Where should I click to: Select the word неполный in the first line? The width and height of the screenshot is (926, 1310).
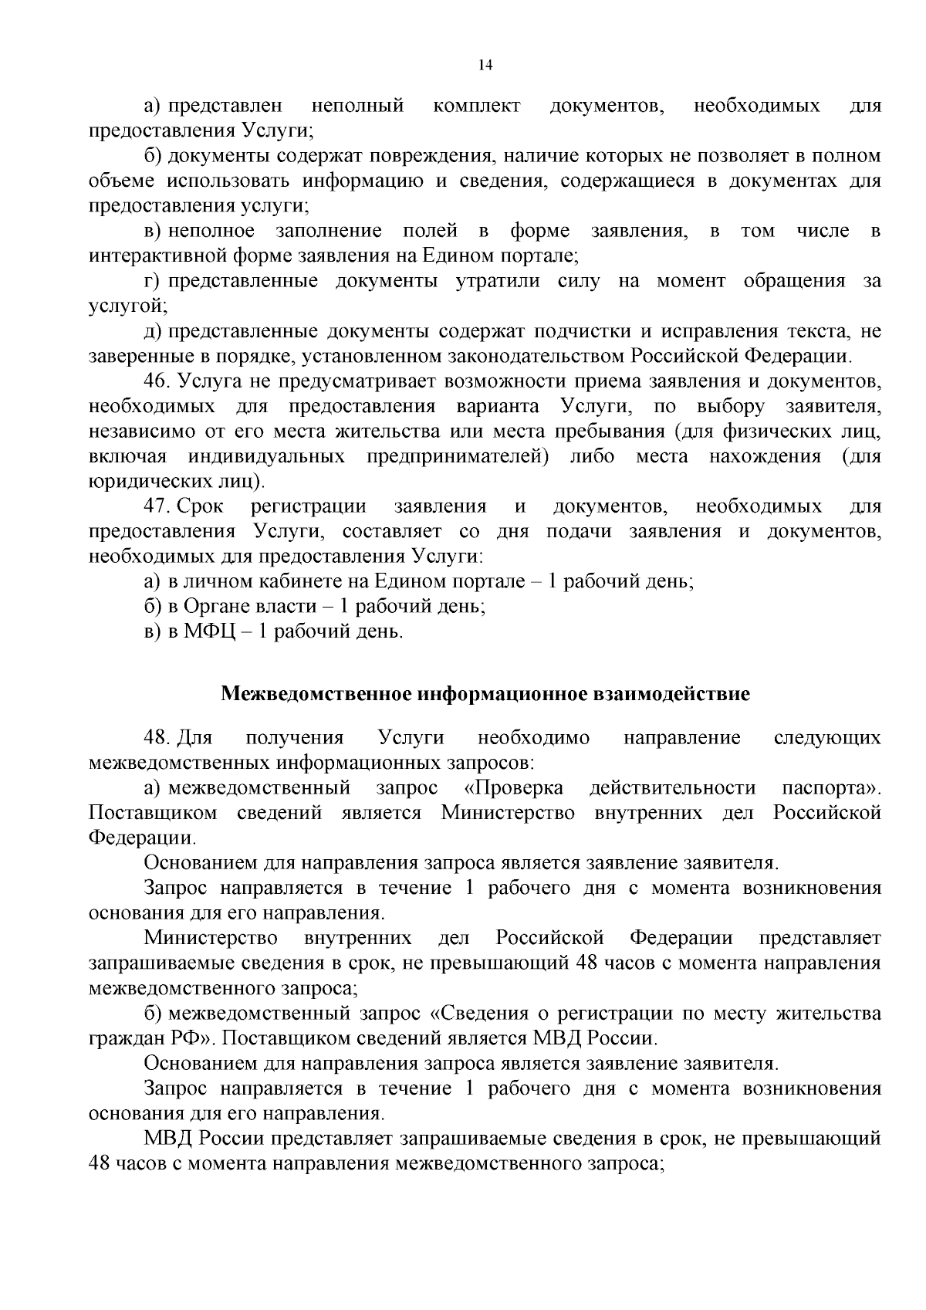[x=357, y=105]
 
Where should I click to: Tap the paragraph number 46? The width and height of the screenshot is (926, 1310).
[x=157, y=381]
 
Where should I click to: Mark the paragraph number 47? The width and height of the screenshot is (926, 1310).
[x=157, y=507]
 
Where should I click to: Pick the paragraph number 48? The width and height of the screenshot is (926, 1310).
[x=157, y=738]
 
